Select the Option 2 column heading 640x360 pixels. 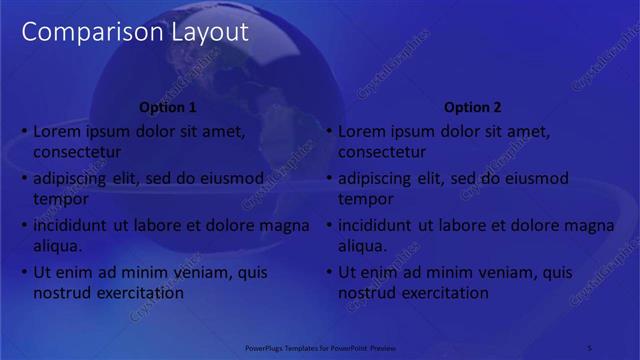473,108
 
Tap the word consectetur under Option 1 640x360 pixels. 77,152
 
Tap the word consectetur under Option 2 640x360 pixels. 382,152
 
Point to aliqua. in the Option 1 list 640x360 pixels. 59,246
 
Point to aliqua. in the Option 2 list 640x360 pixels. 364,246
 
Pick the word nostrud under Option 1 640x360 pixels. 62,293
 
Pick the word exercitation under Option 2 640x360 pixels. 442,293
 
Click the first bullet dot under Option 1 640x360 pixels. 25,131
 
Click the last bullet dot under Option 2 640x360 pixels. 330,272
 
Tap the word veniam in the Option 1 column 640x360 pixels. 211,272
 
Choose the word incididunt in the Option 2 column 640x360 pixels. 381,225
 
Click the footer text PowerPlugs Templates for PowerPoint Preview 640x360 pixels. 321,348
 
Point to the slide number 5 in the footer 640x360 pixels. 590,348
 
